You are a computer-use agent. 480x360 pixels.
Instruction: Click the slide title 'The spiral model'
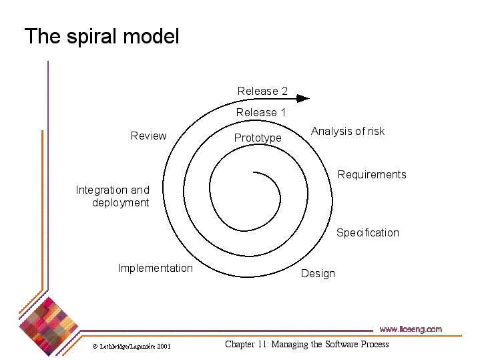tap(101, 36)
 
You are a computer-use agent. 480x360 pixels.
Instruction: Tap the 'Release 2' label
tap(262, 92)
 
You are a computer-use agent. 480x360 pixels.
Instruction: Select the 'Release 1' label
tap(260, 113)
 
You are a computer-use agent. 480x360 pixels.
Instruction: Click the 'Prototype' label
tap(258, 138)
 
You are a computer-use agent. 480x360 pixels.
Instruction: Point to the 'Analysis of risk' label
tap(348, 132)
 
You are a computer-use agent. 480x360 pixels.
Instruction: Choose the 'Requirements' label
tap(372, 175)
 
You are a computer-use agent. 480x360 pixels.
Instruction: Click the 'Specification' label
tap(367, 233)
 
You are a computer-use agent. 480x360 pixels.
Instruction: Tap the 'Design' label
tap(318, 274)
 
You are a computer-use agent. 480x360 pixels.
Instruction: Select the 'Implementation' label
tap(155, 268)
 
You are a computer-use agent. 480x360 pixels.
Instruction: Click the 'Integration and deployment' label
tap(113, 196)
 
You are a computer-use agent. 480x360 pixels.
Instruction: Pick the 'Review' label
tap(148, 136)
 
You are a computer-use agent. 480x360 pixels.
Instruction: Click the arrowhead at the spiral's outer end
tap(304, 98)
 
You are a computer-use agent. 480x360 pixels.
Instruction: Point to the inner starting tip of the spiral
tap(254, 174)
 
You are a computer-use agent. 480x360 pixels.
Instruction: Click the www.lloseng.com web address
tap(411, 329)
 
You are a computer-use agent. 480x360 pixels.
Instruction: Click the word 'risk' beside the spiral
tap(376, 132)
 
